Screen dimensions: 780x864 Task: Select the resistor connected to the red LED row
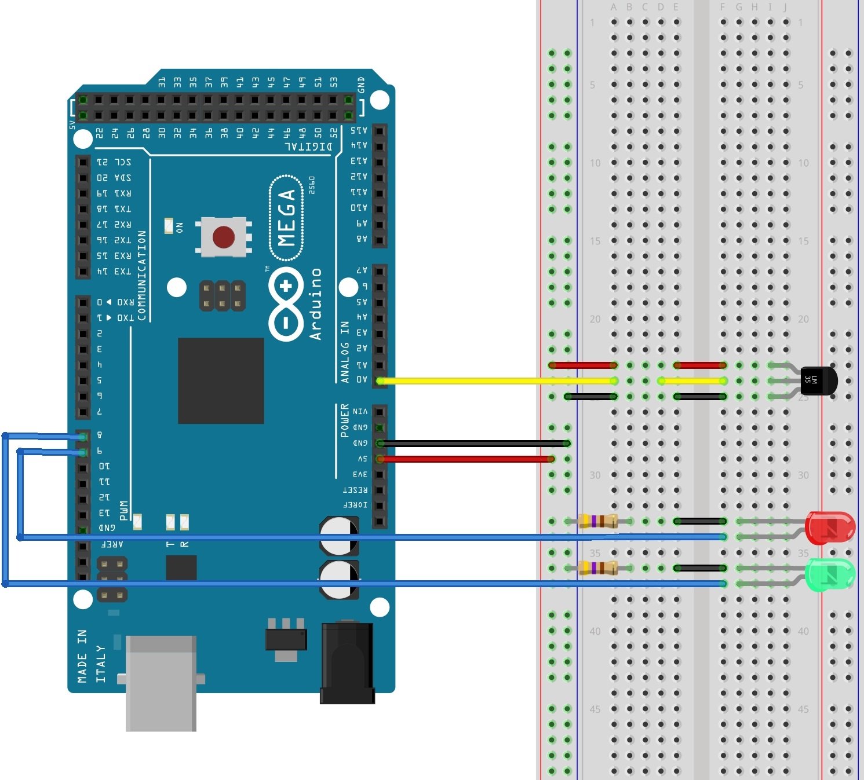click(x=598, y=521)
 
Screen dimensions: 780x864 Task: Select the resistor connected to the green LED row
click(x=598, y=568)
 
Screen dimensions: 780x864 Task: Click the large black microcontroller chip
click(x=221, y=381)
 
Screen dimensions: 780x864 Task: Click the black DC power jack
click(x=347, y=662)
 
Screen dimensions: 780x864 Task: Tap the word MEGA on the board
click(x=287, y=217)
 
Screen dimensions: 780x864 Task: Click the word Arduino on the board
click(x=315, y=304)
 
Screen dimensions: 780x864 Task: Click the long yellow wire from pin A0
click(x=493, y=381)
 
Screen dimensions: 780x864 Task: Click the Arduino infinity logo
click(x=286, y=303)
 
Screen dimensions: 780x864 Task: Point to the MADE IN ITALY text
click(x=91, y=656)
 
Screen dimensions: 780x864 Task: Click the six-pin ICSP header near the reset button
click(x=223, y=295)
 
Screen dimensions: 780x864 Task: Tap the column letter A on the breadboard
click(x=614, y=8)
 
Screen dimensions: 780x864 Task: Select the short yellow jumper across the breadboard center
click(x=692, y=381)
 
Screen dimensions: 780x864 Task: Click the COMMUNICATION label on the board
click(x=142, y=276)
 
